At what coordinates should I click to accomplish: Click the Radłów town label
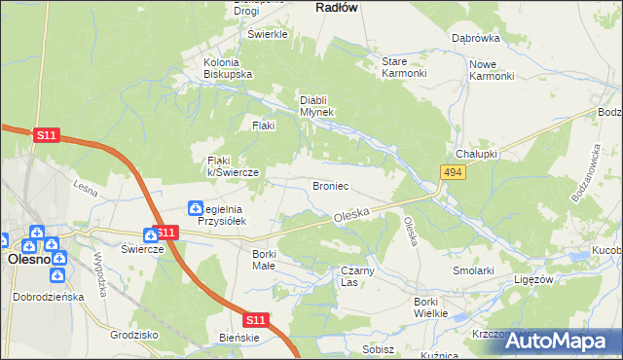pyautogui.click(x=338, y=7)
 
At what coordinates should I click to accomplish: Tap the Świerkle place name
pyautogui.click(x=269, y=34)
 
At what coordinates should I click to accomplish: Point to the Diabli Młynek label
pyautogui.click(x=316, y=105)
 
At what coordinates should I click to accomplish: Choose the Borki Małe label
pyautogui.click(x=264, y=259)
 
